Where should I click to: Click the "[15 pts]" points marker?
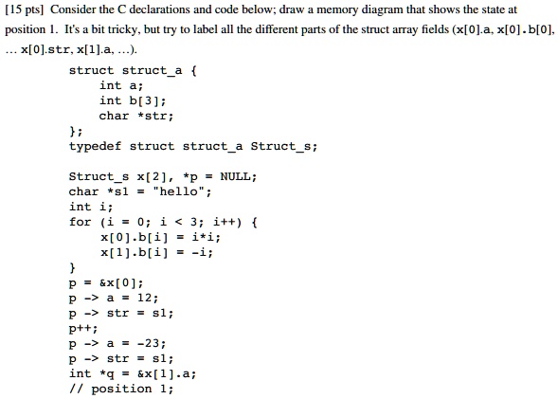24,9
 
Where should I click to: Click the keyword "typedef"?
95,146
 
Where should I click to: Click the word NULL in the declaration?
235,176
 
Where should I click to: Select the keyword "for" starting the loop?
81,222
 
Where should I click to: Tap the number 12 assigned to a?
145,298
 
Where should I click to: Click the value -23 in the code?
148,343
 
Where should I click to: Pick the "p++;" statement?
83,328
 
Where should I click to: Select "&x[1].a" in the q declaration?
163,373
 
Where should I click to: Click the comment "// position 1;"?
121,389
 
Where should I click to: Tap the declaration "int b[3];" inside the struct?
133,100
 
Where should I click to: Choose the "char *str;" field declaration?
135,116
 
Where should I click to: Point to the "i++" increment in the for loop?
224,222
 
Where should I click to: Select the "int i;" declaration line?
91,207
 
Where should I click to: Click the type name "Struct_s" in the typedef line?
280,146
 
